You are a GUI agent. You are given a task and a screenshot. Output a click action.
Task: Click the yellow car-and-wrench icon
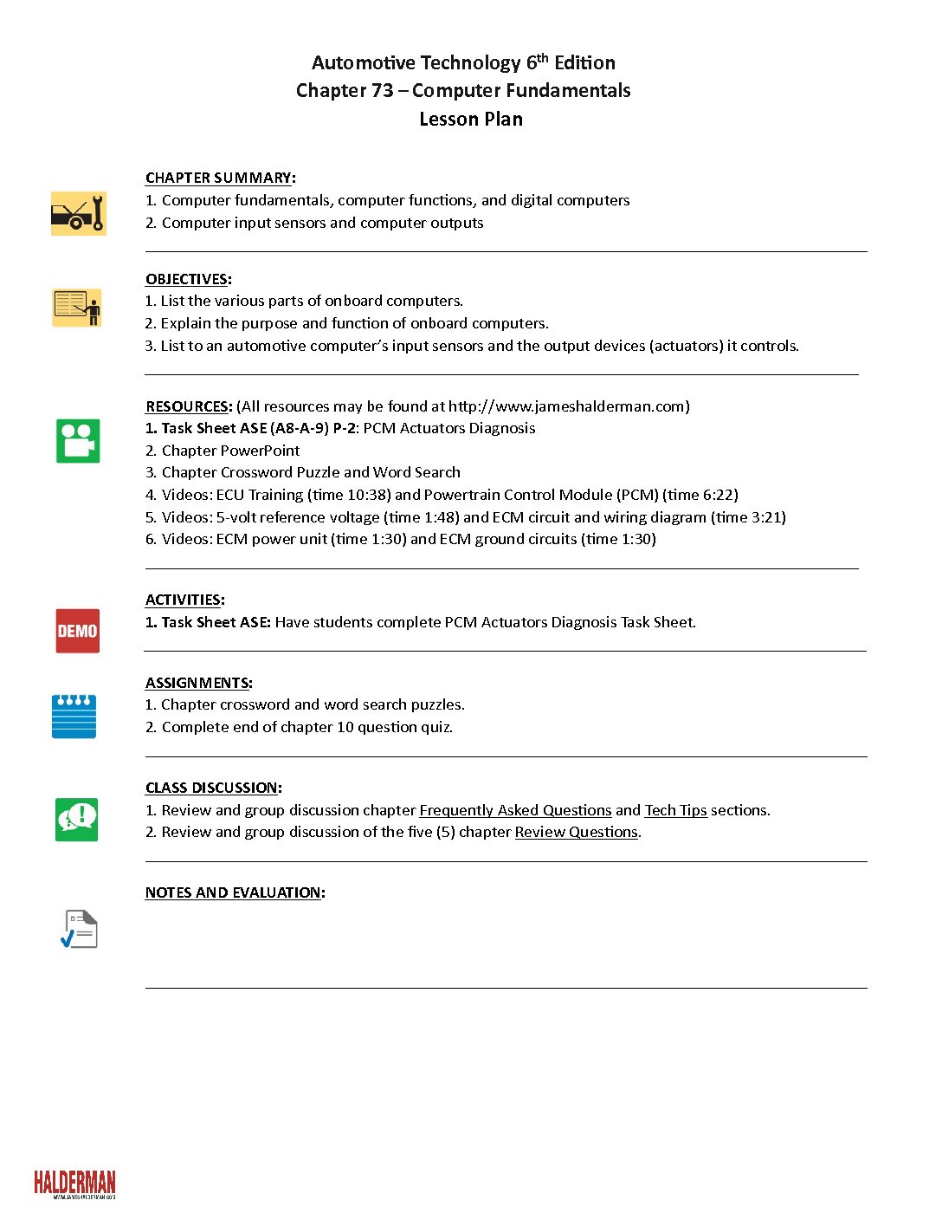pos(78,213)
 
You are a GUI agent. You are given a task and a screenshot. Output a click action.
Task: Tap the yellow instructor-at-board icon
pos(77,308)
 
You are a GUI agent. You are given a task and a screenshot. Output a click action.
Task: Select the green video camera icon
pos(78,441)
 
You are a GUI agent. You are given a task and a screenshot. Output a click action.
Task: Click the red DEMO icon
pos(78,631)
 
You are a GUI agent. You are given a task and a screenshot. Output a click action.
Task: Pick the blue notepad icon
pos(74,717)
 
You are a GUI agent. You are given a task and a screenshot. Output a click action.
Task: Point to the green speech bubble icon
pos(77,819)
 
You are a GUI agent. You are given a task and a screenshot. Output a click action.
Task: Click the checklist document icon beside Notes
pos(79,929)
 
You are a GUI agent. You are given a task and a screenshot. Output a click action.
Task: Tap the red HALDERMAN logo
pos(74,1184)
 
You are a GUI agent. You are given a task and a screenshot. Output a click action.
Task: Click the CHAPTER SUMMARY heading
pos(218,178)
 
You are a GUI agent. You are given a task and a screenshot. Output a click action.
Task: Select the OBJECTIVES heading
pos(187,279)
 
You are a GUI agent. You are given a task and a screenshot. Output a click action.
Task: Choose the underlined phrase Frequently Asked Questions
pos(515,810)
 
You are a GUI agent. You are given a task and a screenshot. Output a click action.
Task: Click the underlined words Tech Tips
pos(675,810)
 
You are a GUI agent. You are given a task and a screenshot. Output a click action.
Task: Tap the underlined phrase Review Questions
pos(576,832)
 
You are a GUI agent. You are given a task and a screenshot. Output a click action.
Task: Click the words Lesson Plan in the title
pos(471,119)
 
